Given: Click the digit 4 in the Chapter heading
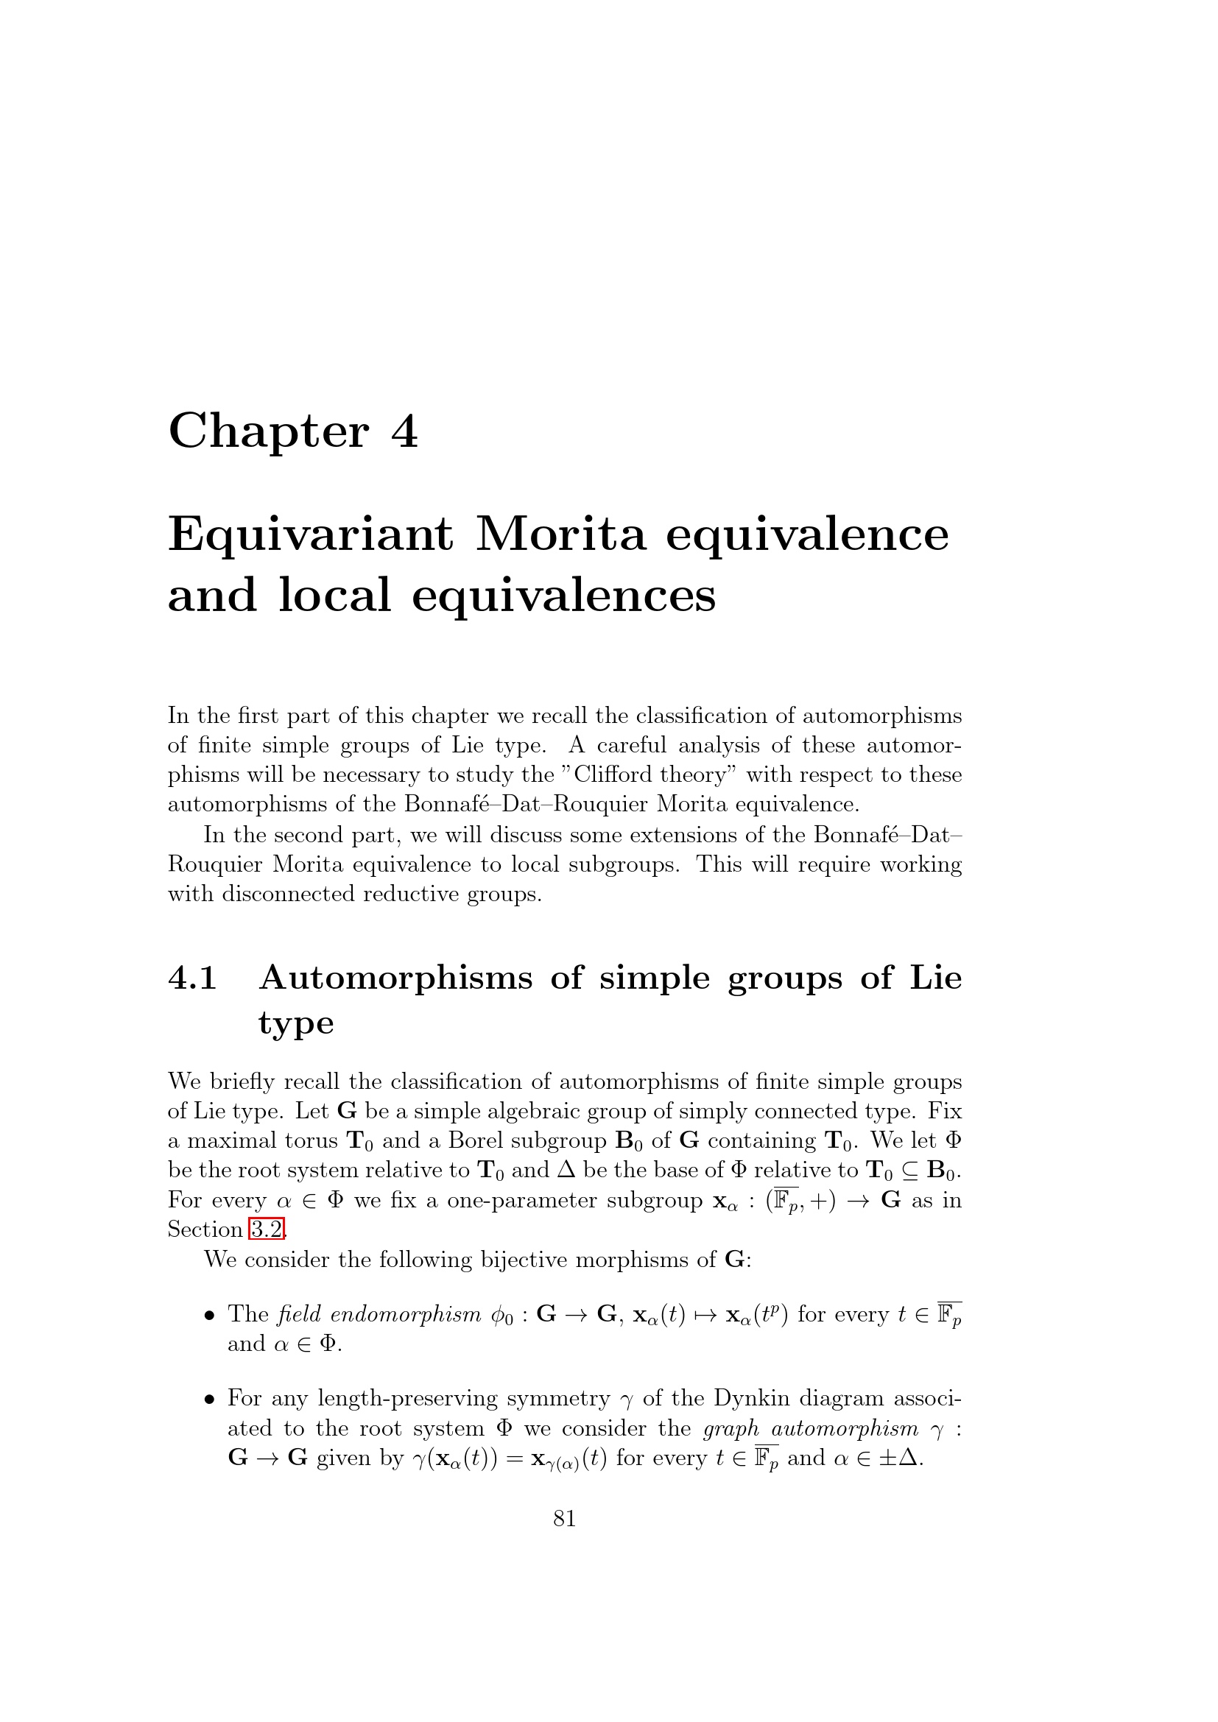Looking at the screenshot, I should [404, 432].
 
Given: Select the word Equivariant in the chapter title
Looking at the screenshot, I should [311, 535].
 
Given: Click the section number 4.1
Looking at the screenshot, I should [193, 978].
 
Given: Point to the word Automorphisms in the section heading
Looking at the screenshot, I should [396, 978].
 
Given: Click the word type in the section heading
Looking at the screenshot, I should [295, 1023].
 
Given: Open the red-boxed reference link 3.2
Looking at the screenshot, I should [267, 1229].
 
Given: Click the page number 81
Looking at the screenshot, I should [565, 1518].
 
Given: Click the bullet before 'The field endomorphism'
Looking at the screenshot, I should [211, 1316].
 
